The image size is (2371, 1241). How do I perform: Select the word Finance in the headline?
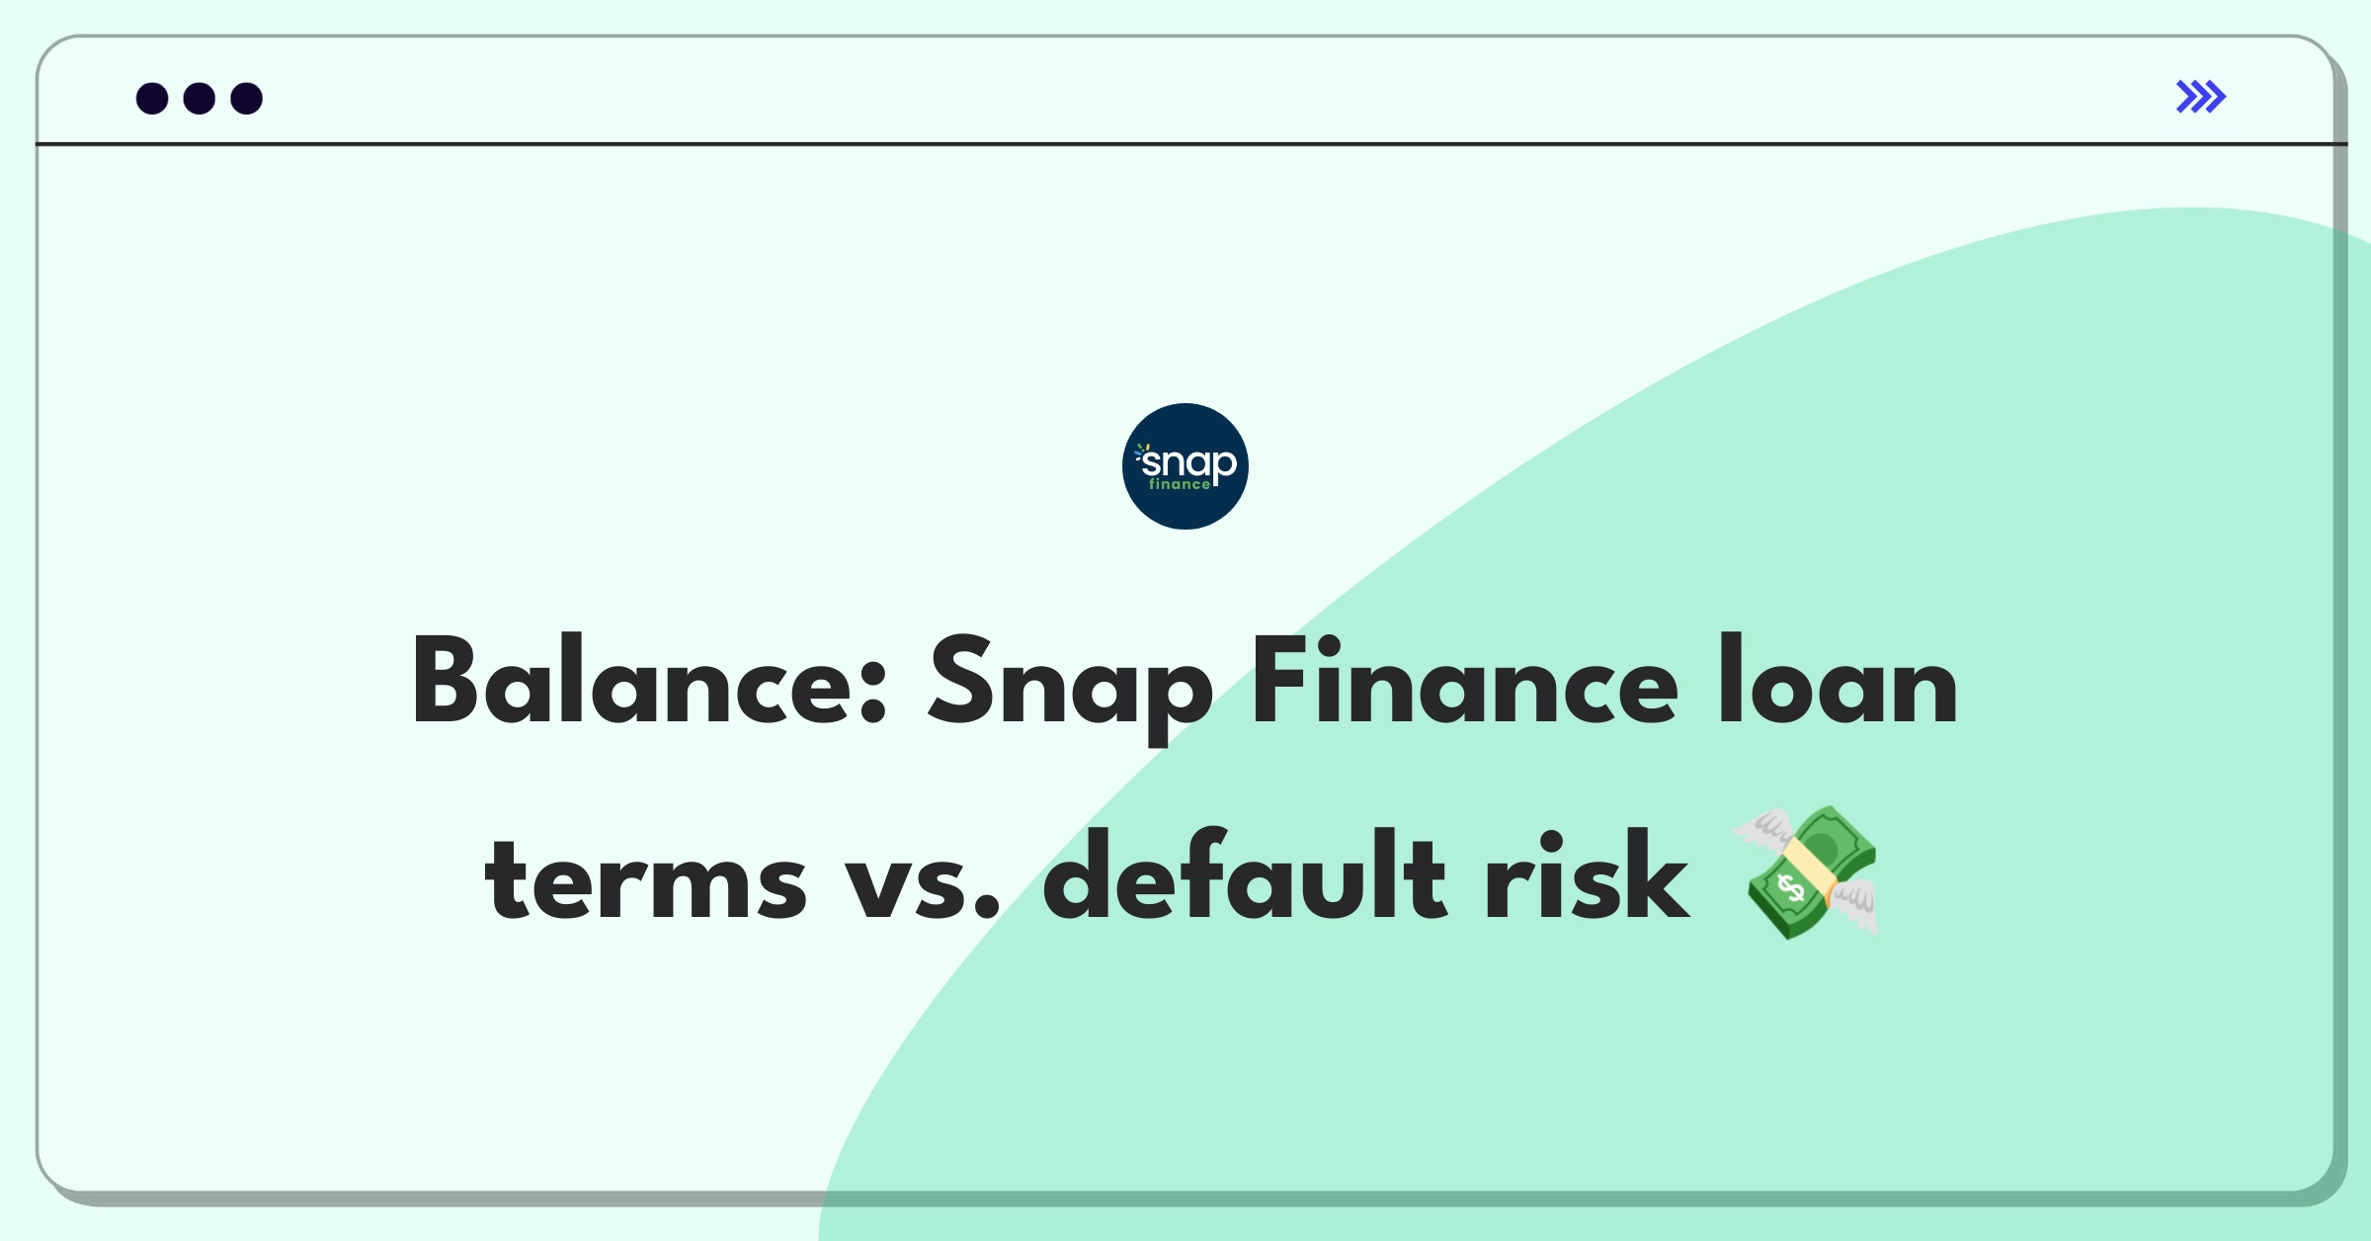point(1464,683)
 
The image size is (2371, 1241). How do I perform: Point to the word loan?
point(1838,681)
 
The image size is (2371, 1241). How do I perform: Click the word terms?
point(645,878)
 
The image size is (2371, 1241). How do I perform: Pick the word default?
point(1245,873)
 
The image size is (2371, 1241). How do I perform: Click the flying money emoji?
point(1805,871)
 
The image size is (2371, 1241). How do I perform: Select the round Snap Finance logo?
point(1185,465)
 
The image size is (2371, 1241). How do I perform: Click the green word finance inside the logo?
point(1179,484)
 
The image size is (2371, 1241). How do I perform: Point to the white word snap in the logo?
point(1187,462)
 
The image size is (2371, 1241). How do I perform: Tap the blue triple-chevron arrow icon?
point(2201,97)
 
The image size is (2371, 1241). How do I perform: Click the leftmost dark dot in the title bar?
point(152,99)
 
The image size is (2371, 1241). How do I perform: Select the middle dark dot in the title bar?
point(200,99)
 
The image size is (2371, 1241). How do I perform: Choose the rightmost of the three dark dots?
point(247,99)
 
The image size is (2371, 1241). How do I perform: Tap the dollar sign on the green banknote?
point(1790,889)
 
